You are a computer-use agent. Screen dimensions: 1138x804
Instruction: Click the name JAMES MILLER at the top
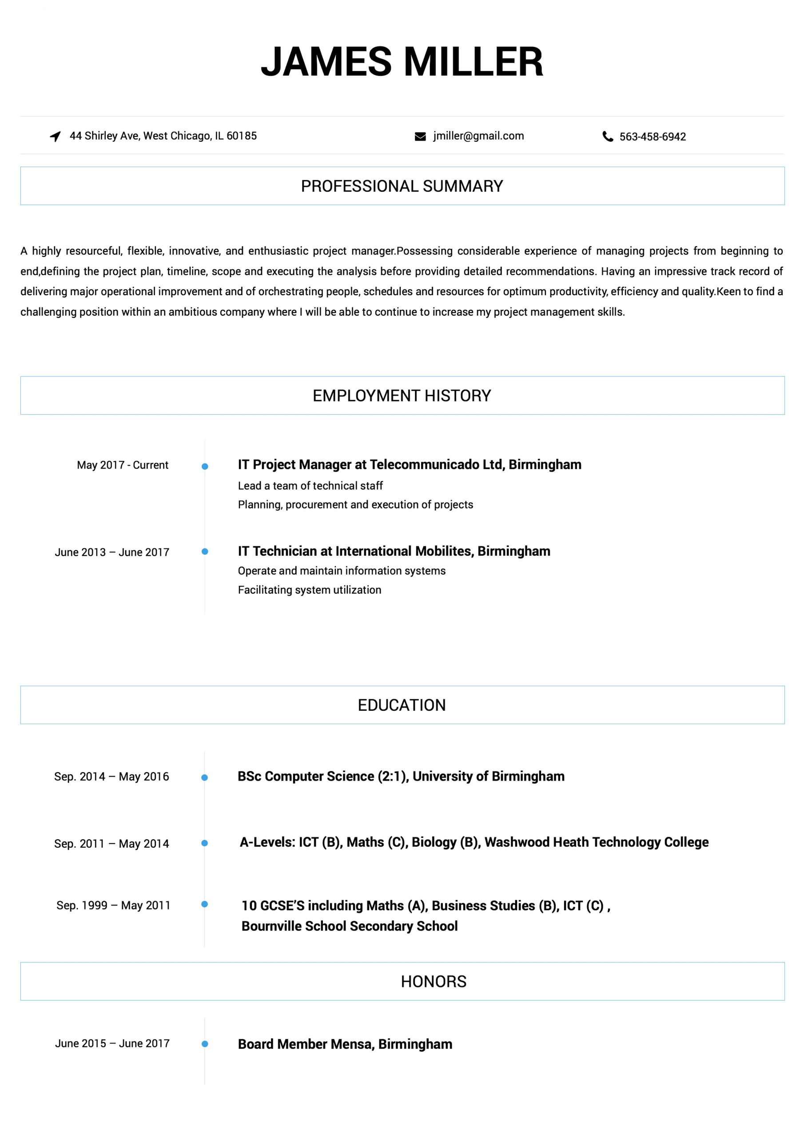tap(402, 61)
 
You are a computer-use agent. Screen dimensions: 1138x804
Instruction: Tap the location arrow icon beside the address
tap(56, 136)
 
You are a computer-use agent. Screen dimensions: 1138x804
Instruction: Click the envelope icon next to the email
tap(420, 137)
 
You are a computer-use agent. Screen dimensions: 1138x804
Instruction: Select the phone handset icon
tap(607, 136)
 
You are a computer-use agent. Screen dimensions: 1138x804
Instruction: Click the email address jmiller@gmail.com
tap(478, 136)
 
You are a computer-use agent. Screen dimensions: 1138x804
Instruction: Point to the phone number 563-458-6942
tap(653, 137)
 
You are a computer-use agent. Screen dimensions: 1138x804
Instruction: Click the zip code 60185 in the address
tap(242, 136)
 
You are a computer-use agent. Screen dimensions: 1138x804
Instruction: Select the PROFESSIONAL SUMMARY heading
tap(402, 186)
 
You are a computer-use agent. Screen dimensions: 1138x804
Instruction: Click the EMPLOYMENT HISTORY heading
tap(402, 396)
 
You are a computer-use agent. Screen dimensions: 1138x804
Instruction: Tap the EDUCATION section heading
tap(402, 705)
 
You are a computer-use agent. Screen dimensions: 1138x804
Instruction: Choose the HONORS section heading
tap(434, 982)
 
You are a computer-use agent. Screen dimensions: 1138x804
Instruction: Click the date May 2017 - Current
tap(122, 465)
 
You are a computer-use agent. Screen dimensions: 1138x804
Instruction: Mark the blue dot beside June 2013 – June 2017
tap(205, 552)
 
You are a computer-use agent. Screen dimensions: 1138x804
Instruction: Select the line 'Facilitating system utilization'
tap(310, 590)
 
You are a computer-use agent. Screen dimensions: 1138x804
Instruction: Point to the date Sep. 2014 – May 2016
tap(111, 777)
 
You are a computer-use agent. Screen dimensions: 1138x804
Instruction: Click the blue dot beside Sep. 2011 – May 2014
tap(205, 843)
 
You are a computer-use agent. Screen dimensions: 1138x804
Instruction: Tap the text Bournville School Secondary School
tap(349, 926)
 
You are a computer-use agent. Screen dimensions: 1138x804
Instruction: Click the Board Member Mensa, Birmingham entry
tap(345, 1044)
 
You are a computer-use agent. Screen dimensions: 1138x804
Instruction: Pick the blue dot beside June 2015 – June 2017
tap(205, 1044)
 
